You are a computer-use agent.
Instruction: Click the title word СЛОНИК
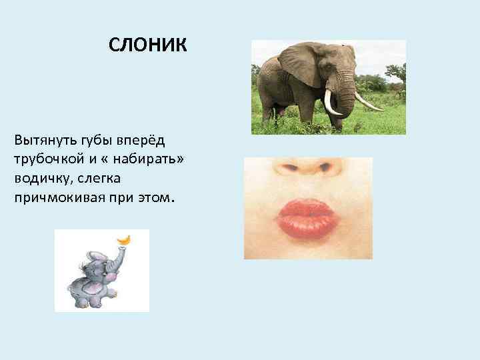(149, 46)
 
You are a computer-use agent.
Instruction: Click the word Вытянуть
(39, 141)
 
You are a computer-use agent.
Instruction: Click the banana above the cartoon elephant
(123, 238)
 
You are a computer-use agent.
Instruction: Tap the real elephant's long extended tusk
(368, 102)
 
